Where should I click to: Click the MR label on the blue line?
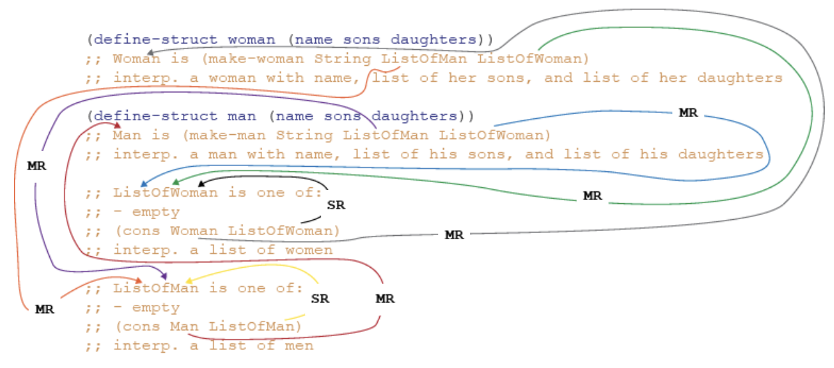click(x=688, y=113)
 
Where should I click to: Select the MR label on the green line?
click(x=592, y=196)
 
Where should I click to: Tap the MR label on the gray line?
click(x=454, y=235)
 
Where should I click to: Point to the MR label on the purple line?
click(x=37, y=166)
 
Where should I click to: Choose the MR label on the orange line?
click(x=45, y=310)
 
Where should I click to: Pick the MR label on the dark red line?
click(x=385, y=299)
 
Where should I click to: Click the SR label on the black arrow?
click(x=337, y=205)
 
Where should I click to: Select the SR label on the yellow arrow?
click(x=320, y=299)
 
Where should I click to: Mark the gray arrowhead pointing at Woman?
click(x=150, y=52)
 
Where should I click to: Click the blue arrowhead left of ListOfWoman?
click(x=144, y=183)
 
